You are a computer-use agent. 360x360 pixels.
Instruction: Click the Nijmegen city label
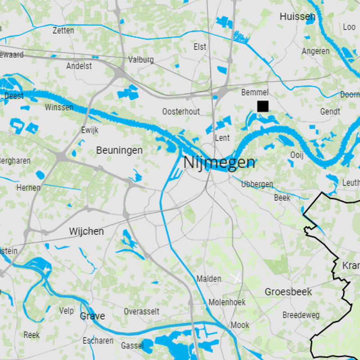click(219, 162)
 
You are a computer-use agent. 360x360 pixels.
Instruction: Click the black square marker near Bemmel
click(263, 106)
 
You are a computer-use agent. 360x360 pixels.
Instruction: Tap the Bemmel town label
click(255, 92)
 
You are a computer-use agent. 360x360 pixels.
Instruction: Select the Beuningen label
click(119, 150)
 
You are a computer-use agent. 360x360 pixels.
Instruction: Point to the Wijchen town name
click(86, 231)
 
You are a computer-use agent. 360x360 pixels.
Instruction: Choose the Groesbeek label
click(288, 292)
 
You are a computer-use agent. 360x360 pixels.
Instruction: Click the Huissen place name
click(297, 17)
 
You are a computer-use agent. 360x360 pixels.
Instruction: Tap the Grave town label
click(92, 316)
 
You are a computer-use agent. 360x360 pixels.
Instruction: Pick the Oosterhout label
click(181, 111)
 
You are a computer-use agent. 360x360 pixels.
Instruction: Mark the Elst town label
click(200, 47)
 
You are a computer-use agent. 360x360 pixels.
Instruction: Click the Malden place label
click(209, 279)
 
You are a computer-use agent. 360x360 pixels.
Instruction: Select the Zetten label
click(63, 31)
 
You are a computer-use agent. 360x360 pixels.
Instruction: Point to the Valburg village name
click(141, 59)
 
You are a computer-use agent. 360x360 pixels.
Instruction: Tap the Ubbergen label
click(257, 184)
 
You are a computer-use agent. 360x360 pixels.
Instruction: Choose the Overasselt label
click(141, 311)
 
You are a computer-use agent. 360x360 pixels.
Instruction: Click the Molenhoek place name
click(227, 302)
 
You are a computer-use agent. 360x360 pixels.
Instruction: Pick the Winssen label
click(59, 107)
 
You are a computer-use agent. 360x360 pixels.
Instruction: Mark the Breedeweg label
click(301, 315)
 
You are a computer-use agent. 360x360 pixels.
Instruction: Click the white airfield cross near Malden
click(236, 278)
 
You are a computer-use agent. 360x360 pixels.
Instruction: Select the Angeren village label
click(315, 51)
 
